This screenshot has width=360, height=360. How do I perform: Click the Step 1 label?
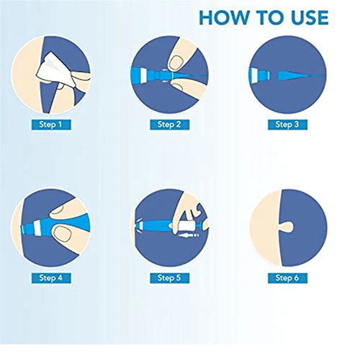coord(51,125)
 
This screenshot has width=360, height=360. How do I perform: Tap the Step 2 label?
coord(169,125)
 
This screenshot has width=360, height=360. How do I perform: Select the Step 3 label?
coord(287,125)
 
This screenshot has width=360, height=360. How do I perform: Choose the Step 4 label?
coord(51,278)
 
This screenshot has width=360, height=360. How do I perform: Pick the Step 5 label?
coord(169,278)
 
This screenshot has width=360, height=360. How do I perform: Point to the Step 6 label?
coord(287,278)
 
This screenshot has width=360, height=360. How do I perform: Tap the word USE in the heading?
coord(307,17)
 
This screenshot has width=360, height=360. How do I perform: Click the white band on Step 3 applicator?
coord(254,74)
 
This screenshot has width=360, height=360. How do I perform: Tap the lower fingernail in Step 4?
coord(62,234)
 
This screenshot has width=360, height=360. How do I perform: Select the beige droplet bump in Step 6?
coord(287,227)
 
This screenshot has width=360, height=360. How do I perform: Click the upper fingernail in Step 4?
coord(58,210)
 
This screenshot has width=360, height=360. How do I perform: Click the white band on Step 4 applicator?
coord(37,228)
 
